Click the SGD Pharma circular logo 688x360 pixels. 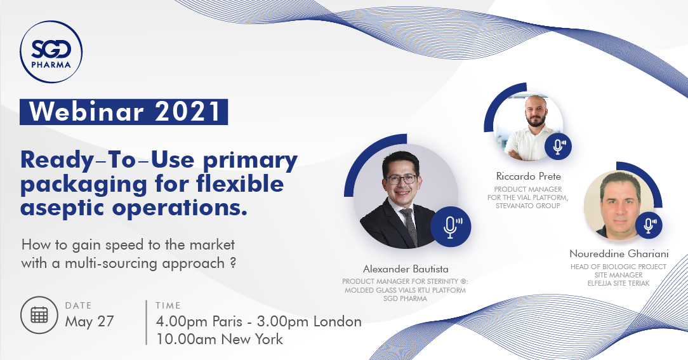point(51,52)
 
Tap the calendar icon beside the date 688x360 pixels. point(39,315)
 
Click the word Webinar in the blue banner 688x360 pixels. point(87,112)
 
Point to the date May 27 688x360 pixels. point(89,321)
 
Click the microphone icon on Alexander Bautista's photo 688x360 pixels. point(451,227)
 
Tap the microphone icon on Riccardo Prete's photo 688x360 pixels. point(558,146)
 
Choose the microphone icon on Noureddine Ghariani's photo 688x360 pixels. point(649,225)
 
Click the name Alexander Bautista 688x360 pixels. point(406,269)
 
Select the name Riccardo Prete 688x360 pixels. point(528,177)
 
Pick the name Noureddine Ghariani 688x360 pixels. point(619,254)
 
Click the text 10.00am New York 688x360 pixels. point(220,339)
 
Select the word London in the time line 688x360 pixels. point(338,321)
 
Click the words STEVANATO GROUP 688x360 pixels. point(528,206)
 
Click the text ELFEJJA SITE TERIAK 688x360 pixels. point(618,283)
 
